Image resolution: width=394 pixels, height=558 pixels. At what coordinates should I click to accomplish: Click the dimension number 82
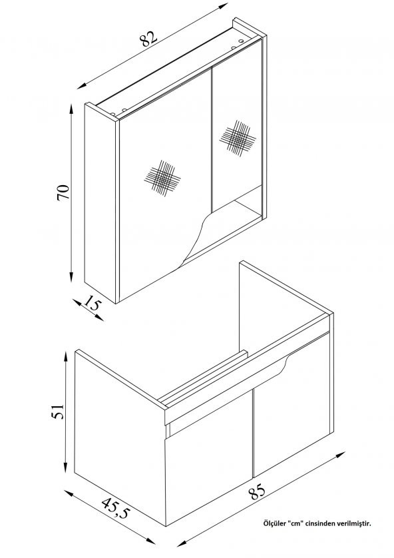[149, 39]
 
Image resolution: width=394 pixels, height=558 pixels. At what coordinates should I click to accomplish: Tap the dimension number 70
[63, 192]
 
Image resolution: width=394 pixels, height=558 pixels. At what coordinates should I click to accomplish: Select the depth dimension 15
[93, 304]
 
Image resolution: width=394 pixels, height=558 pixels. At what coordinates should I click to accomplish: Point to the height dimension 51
[58, 411]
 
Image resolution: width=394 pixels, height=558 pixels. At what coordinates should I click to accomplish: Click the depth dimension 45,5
[116, 508]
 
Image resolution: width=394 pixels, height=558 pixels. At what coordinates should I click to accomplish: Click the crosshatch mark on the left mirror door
[162, 178]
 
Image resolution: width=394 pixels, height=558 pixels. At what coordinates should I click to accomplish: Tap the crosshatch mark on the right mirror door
[238, 138]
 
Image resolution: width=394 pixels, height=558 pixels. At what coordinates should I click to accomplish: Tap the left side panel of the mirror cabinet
[100, 203]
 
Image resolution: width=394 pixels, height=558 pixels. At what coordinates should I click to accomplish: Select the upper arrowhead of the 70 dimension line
[71, 109]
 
